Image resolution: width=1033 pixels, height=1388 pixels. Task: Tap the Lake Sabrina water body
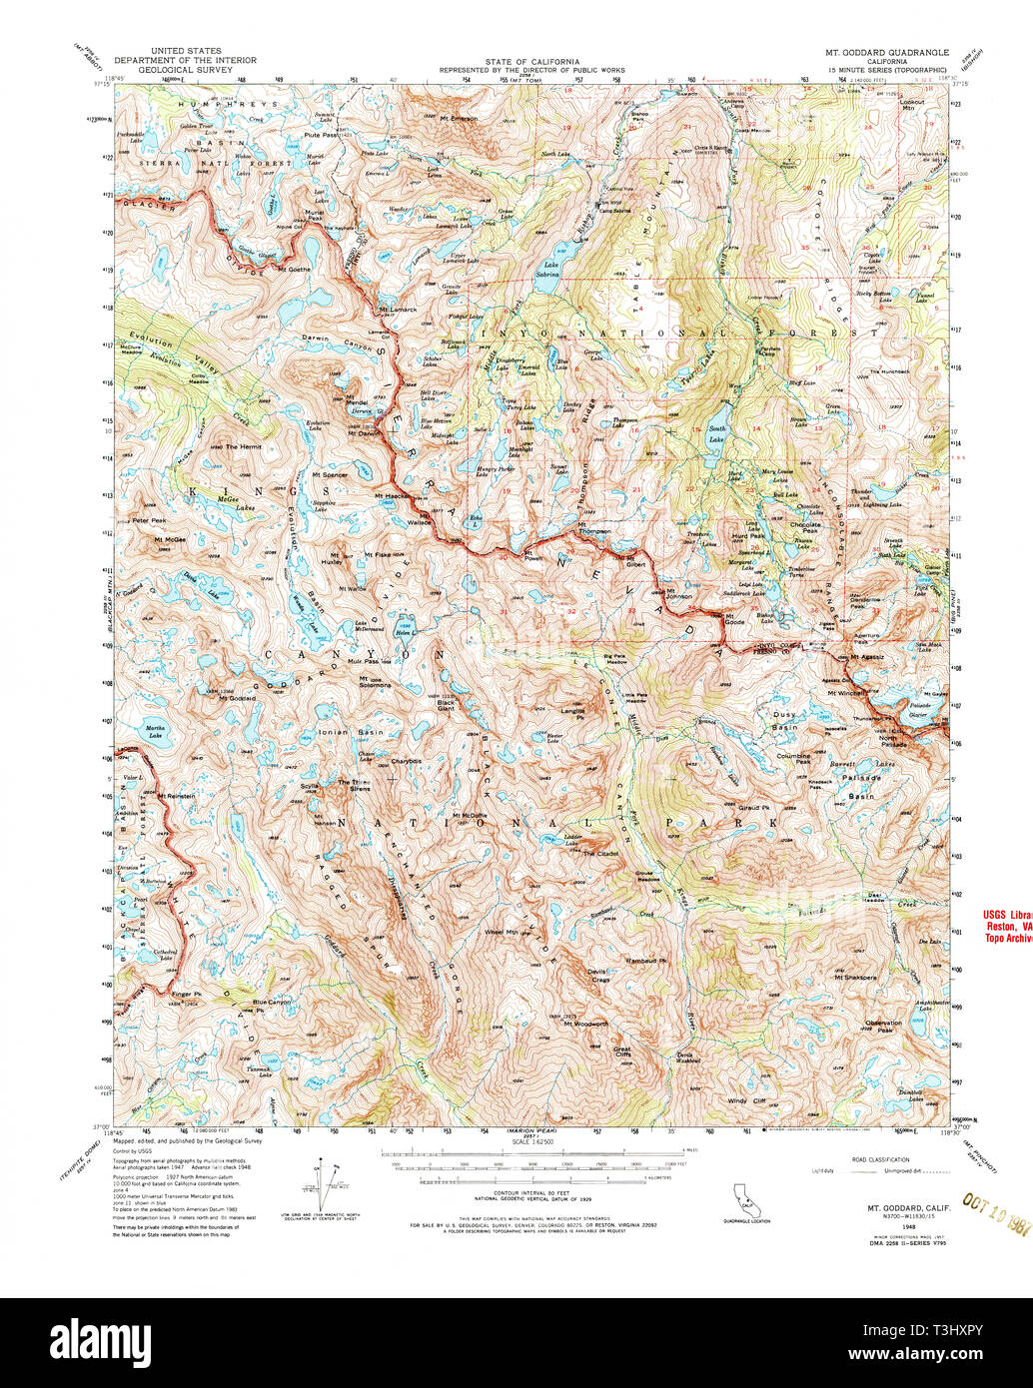tap(546, 281)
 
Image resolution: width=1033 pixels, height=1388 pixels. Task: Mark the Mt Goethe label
tap(293, 269)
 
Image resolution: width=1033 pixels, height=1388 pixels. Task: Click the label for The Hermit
tap(243, 446)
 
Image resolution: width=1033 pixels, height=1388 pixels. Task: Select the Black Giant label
tap(447, 703)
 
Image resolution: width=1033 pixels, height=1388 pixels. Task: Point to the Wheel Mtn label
tap(502, 932)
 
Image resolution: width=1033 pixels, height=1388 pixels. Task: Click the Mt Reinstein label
tap(175, 796)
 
